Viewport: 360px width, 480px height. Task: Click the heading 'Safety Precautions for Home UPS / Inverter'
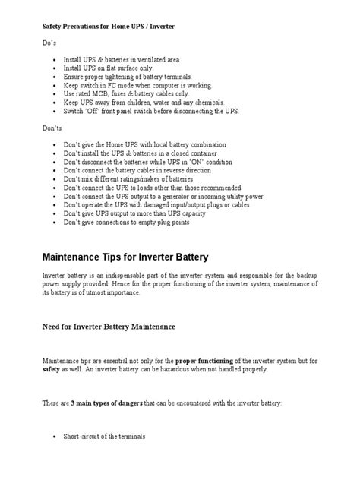coord(107,27)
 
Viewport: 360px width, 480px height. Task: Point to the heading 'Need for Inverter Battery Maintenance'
coord(108,327)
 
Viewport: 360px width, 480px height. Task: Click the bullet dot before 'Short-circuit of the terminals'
coord(58,437)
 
